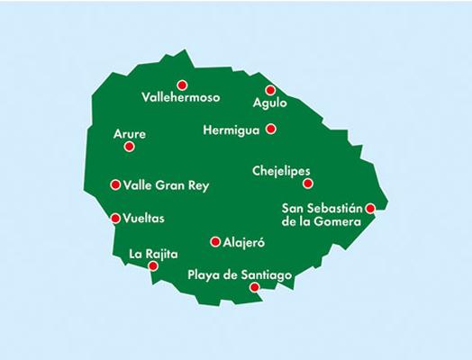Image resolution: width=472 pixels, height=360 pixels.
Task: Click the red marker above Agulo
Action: point(270,89)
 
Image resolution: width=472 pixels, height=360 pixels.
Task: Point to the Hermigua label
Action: point(231,130)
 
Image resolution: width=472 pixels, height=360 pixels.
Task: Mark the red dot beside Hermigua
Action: point(270,129)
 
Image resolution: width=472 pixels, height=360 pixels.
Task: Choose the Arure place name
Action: point(129,134)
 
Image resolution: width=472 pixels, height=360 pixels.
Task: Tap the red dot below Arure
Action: point(129,147)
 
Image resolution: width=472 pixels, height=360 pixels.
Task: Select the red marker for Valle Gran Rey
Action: point(115,184)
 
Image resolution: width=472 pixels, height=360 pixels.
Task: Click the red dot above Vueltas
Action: point(115,217)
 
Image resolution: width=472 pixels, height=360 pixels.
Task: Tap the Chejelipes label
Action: point(282,169)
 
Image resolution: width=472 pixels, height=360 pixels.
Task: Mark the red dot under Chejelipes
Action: point(307,184)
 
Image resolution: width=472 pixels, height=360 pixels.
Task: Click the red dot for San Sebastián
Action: point(369,208)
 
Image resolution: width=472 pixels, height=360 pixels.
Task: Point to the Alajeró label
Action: point(248,242)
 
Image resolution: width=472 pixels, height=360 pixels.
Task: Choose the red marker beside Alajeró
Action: point(214,241)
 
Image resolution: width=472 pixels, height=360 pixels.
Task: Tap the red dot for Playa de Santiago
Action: point(254,287)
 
